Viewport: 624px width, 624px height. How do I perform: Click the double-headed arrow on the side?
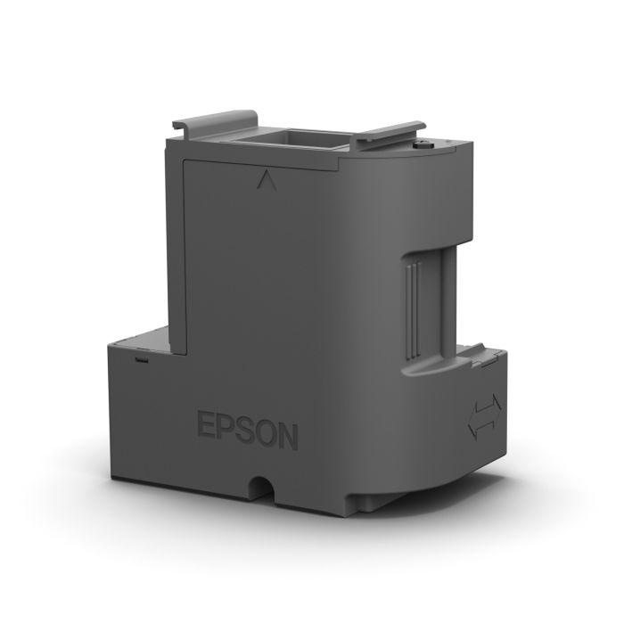pos(484,416)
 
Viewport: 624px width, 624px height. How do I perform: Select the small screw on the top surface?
pos(424,142)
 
